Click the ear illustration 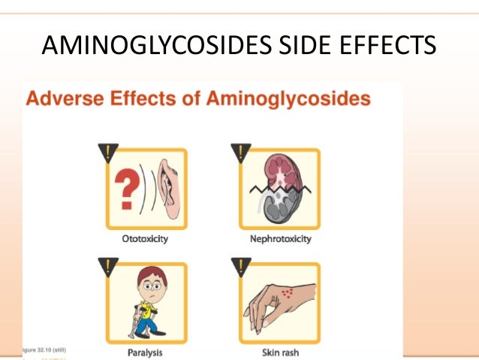pos(169,192)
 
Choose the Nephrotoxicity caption pos(279,240)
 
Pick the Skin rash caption pos(279,351)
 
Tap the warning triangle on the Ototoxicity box pos(109,153)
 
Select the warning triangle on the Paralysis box pos(109,266)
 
